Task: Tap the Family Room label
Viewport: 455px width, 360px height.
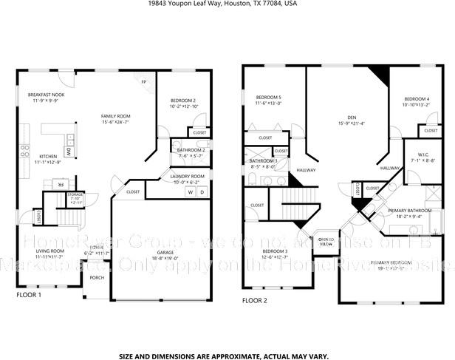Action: tap(116, 116)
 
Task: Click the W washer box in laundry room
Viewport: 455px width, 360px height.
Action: tap(189, 192)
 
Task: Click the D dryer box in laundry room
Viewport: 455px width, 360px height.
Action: tap(201, 192)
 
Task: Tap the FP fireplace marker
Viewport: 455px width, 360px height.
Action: tap(143, 81)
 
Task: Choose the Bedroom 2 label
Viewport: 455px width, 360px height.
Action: tap(183, 100)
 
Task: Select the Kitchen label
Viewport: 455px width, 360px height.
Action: tap(48, 156)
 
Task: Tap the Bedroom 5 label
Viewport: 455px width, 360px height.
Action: tap(267, 98)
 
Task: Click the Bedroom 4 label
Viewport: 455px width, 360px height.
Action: tap(417, 99)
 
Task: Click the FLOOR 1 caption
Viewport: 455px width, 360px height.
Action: tap(29, 295)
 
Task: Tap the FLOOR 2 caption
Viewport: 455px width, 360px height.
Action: tap(255, 300)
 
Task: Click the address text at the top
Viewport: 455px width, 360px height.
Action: tap(227, 4)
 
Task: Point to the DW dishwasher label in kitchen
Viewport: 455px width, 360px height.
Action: tap(67, 150)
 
